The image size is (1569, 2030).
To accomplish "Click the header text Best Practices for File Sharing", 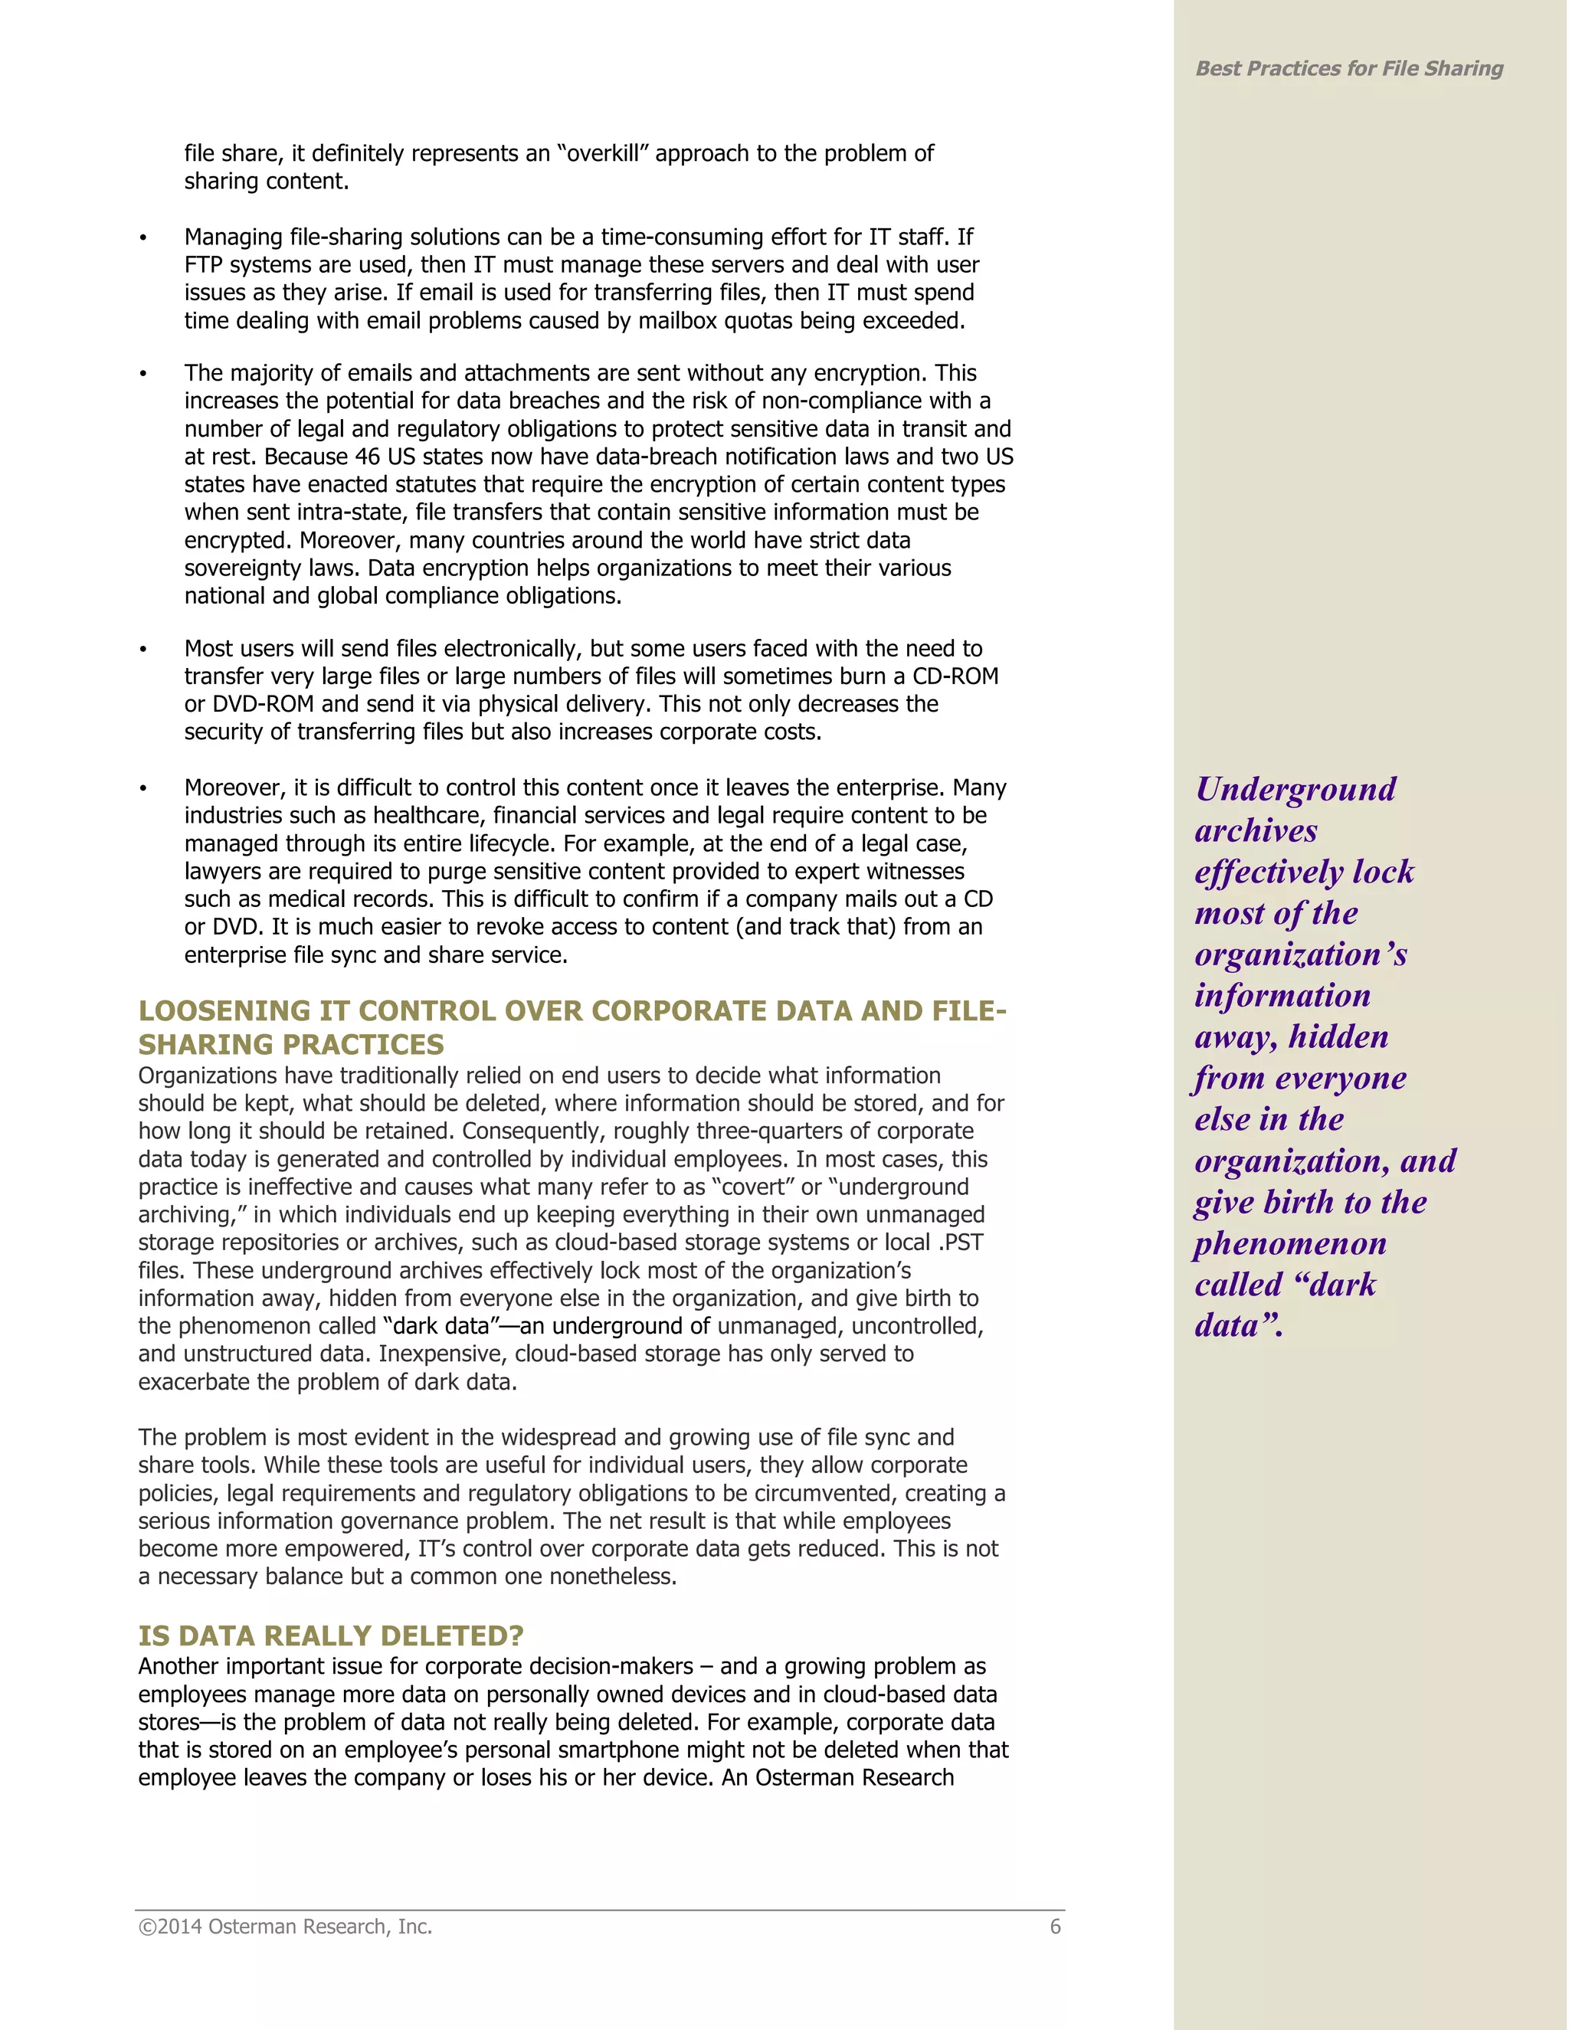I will click(x=1348, y=69).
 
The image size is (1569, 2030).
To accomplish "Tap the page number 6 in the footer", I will click(x=1055, y=1926).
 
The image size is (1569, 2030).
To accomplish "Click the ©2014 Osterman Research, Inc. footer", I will click(x=285, y=1926).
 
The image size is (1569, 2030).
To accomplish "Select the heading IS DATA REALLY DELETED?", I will click(x=331, y=1635).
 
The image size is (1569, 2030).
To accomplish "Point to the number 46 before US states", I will click(x=367, y=457).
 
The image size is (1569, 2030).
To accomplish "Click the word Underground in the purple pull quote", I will click(x=1295, y=789).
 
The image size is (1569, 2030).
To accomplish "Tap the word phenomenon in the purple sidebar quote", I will click(x=1290, y=1243).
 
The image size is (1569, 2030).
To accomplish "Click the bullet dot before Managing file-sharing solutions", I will click(x=143, y=239).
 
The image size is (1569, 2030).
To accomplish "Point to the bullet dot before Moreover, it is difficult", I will click(x=143, y=789).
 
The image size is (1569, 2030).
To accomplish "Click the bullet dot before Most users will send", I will click(x=143, y=650).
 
